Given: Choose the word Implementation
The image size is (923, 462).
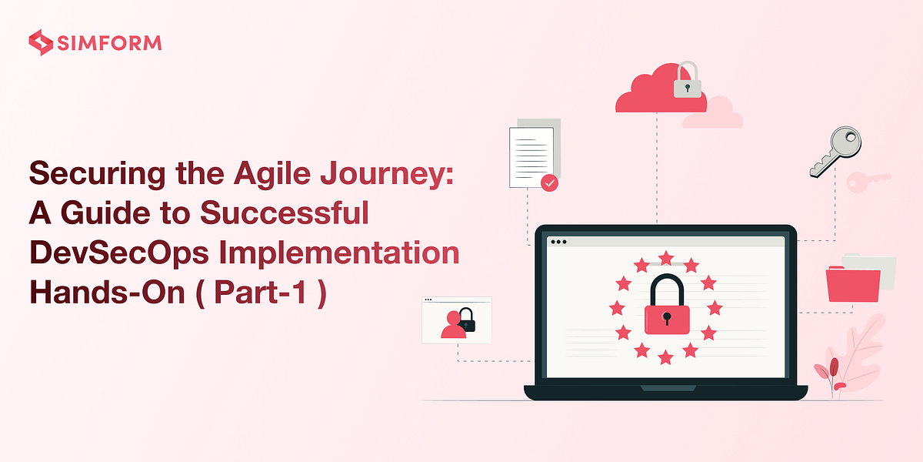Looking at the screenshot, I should coord(351,253).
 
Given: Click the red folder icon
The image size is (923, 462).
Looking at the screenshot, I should coord(853,283).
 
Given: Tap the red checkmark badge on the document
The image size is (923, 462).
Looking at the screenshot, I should coord(549,182).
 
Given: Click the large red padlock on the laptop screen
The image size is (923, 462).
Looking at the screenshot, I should coord(666,306).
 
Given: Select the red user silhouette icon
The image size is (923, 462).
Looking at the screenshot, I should coord(453,326).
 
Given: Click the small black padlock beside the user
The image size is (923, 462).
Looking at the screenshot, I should coord(466,320).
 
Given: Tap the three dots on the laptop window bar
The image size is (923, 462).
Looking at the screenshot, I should coord(559,242).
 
